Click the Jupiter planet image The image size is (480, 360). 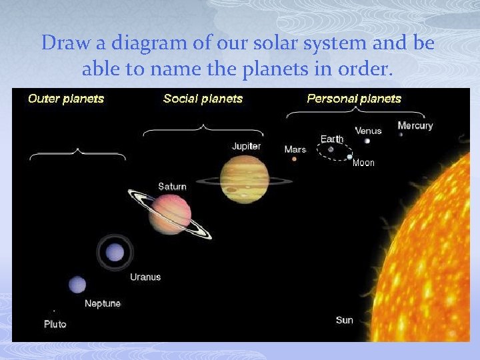coord(245,179)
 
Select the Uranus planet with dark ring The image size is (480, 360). coord(115,252)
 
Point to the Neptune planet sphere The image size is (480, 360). coord(77,285)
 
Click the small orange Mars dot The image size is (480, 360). coord(294,159)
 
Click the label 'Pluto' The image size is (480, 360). coord(55,324)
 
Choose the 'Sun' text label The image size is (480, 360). coord(345,320)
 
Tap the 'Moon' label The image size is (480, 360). coord(363,163)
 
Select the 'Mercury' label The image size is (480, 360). coord(415,125)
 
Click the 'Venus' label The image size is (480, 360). coord(368,131)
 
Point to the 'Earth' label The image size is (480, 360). coord(332,139)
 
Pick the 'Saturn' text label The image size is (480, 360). coord(172,186)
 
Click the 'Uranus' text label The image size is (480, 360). coord(145,277)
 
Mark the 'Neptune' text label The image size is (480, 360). coord(103,303)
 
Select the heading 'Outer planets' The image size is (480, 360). coord(66,99)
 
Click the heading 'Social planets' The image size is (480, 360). coord(203,99)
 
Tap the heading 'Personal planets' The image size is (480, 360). coord(354,99)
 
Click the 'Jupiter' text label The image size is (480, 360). coord(246,146)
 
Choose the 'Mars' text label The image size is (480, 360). coord(295,149)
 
